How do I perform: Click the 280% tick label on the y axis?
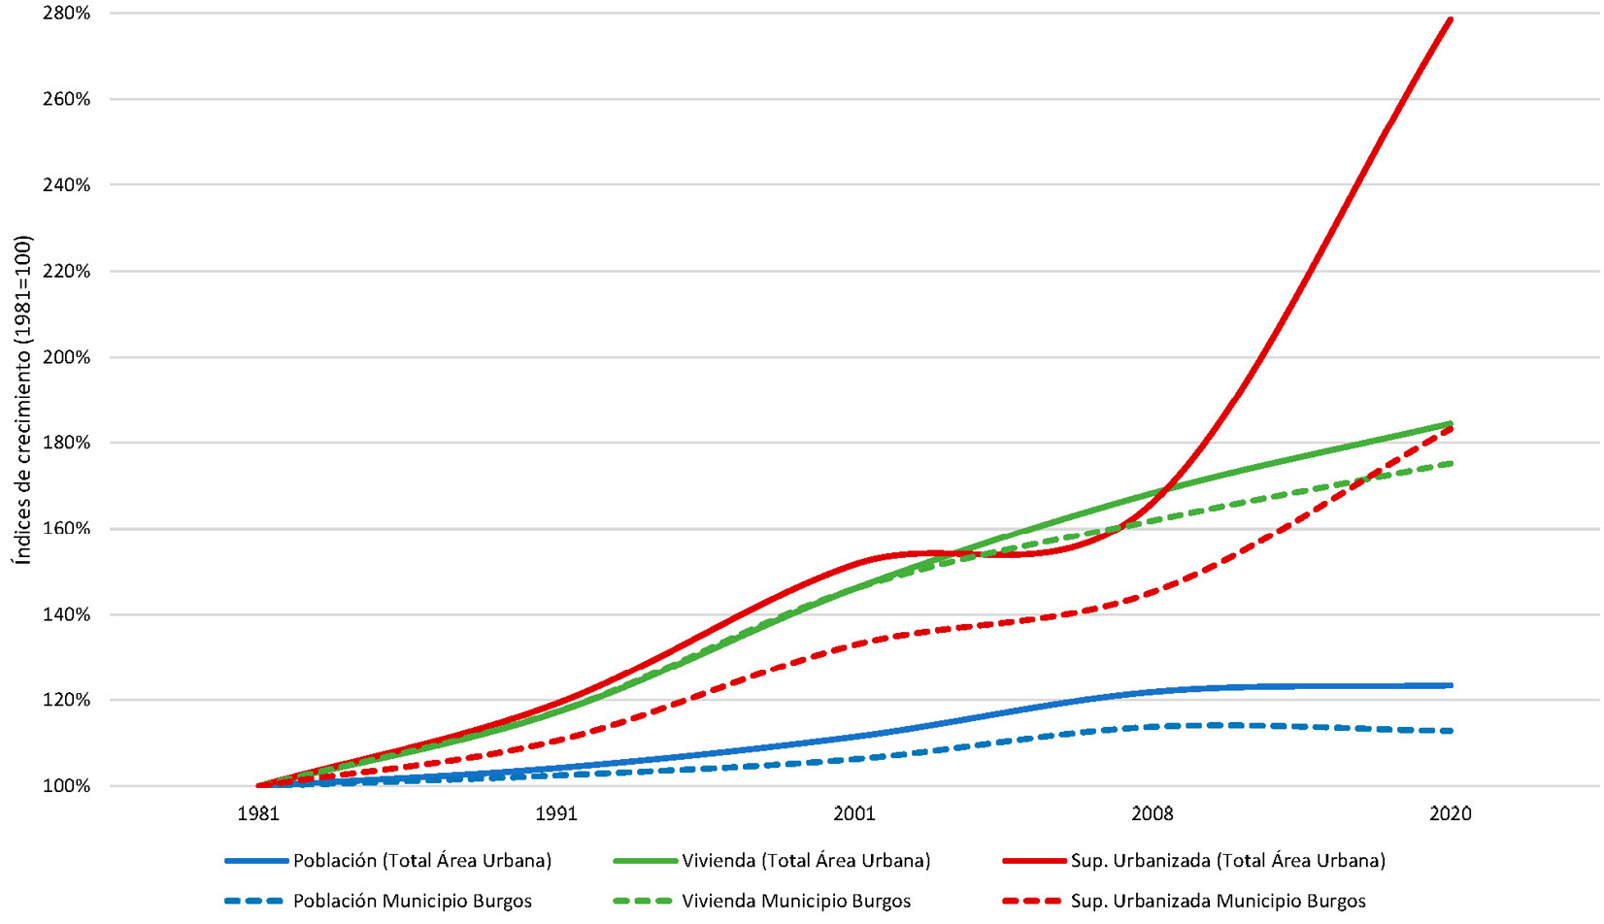click(66, 14)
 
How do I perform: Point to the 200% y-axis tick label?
click(66, 357)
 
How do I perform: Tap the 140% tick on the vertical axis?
click(66, 614)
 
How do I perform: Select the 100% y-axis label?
click(66, 786)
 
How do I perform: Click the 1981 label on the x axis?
click(258, 813)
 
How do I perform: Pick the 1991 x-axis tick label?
click(556, 813)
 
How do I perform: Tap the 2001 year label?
click(854, 813)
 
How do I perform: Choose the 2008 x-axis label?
click(1153, 813)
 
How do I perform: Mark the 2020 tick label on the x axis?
click(1451, 813)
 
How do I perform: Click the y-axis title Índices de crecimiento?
click(22, 399)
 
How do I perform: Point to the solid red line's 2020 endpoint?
click(1451, 18)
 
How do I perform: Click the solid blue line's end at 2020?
click(1451, 685)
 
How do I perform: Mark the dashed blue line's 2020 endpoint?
click(1451, 731)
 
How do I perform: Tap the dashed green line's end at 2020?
click(1451, 464)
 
